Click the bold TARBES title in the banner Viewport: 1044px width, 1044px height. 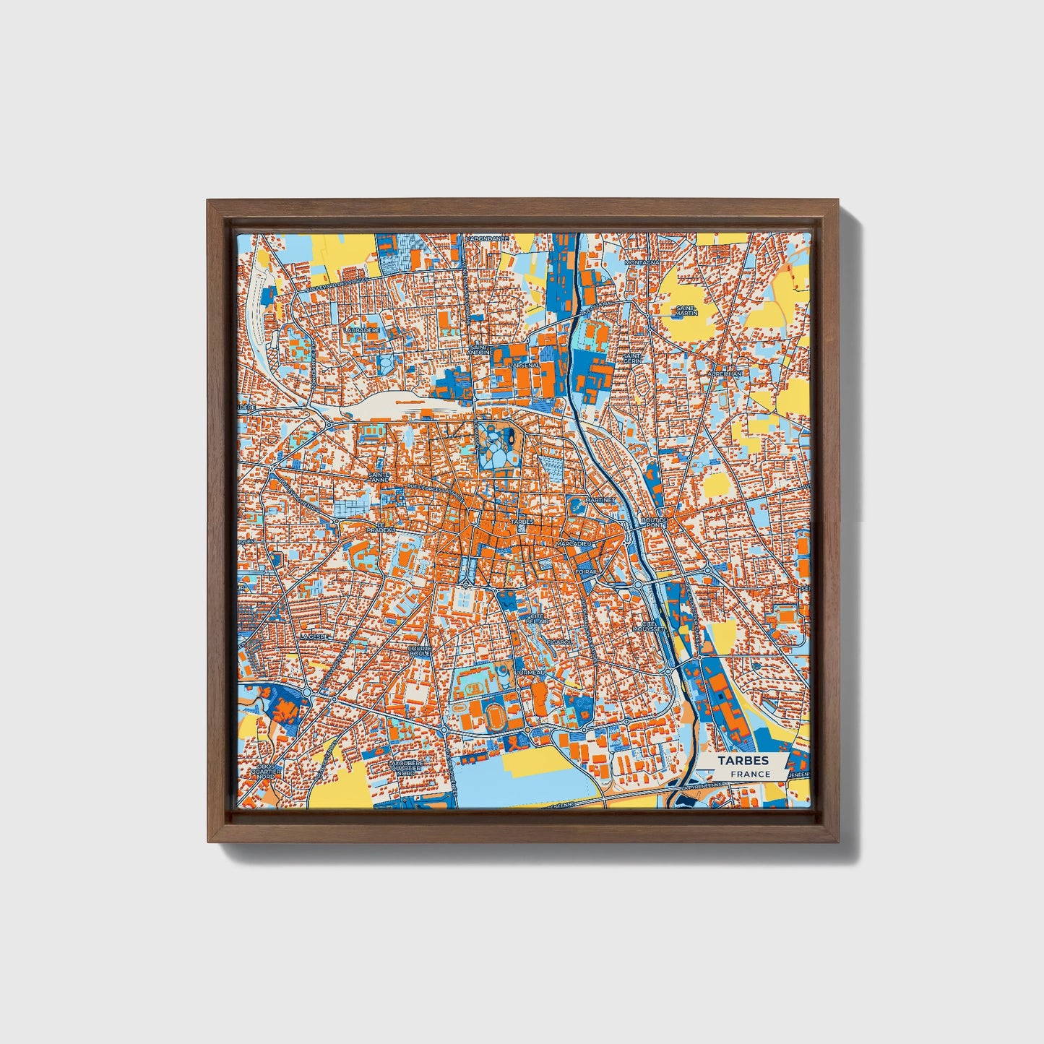coord(743,761)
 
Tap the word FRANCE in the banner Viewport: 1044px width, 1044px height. coord(750,775)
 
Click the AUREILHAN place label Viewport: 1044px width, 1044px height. coord(725,374)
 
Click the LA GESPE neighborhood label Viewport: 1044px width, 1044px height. coord(315,637)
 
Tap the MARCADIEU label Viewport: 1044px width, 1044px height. coord(574,543)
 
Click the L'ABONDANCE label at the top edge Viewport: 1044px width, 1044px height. coord(488,238)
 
